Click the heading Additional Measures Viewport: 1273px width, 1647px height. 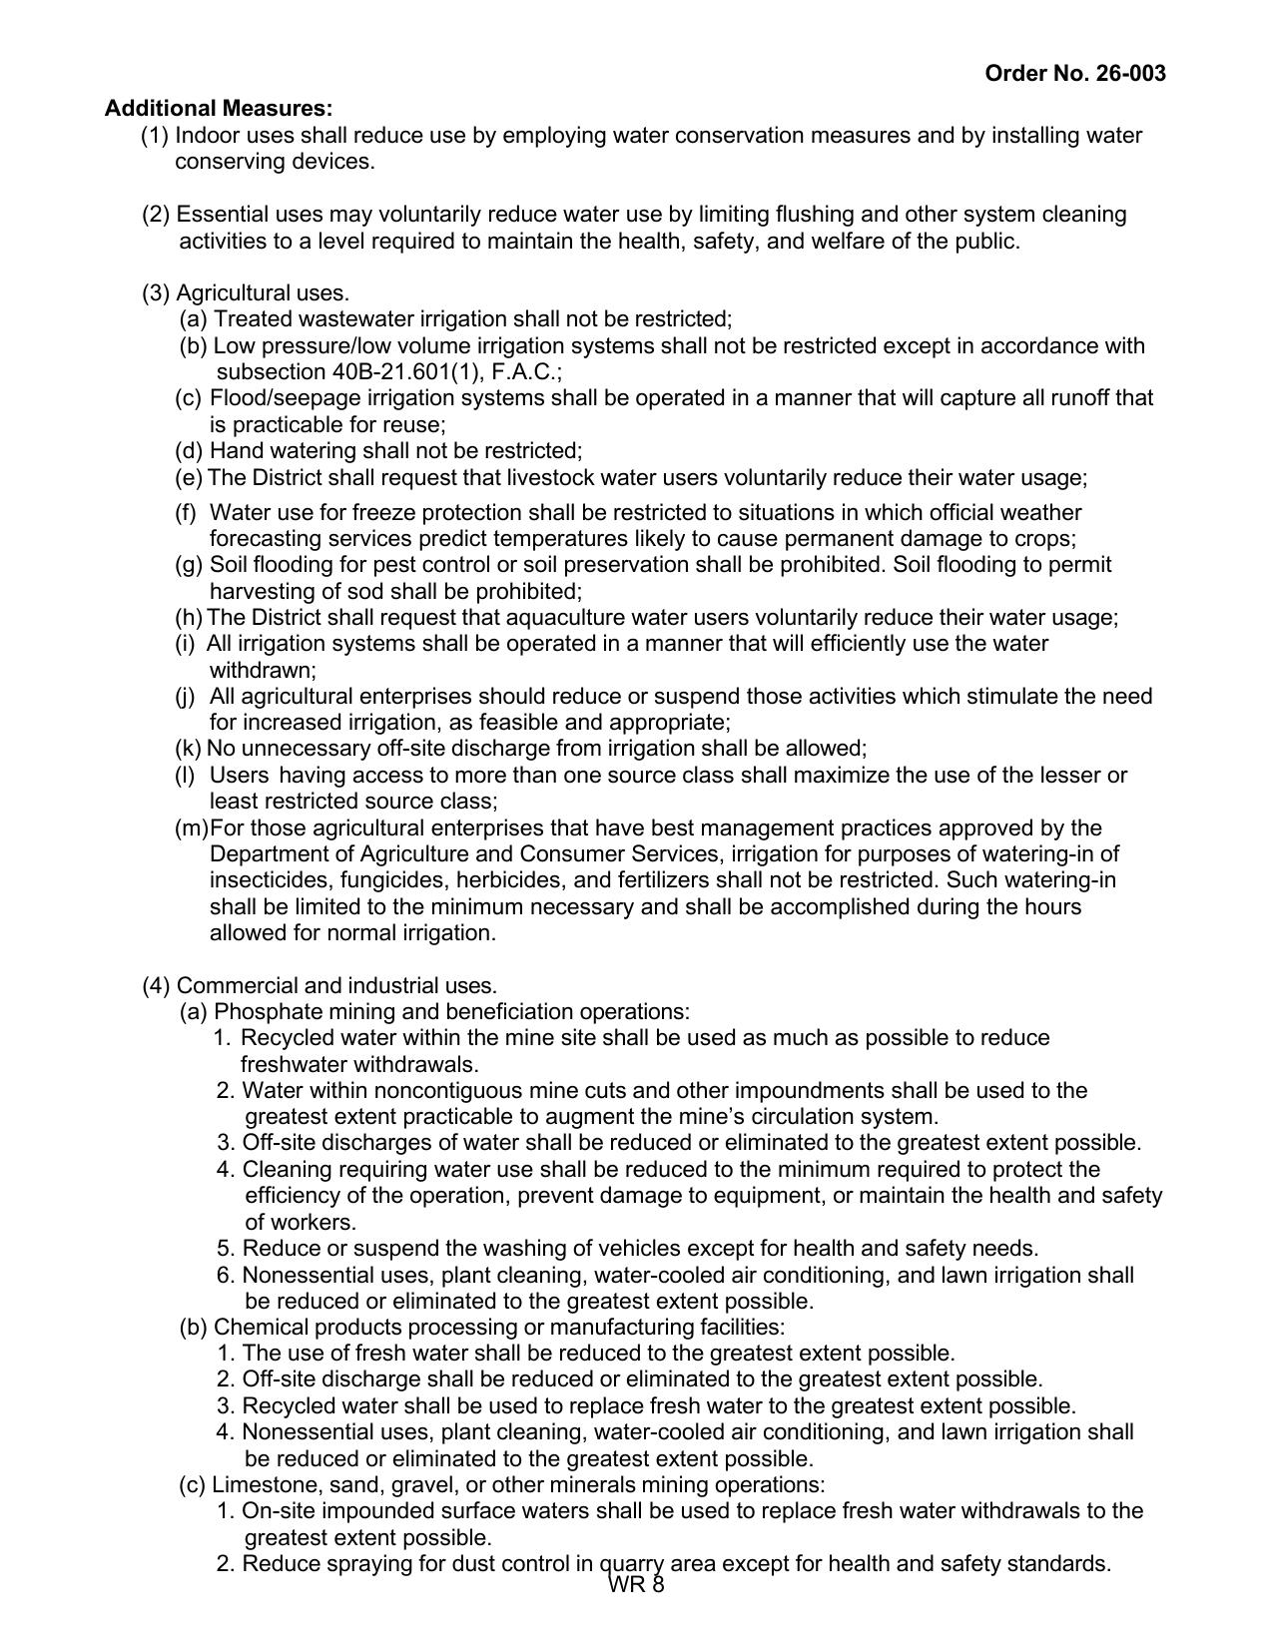219,108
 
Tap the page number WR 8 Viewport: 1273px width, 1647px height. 636,1586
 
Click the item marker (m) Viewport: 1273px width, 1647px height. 192,827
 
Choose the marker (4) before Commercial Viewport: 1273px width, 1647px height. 157,986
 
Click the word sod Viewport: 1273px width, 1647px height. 395,591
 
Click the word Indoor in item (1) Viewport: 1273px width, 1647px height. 206,135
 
